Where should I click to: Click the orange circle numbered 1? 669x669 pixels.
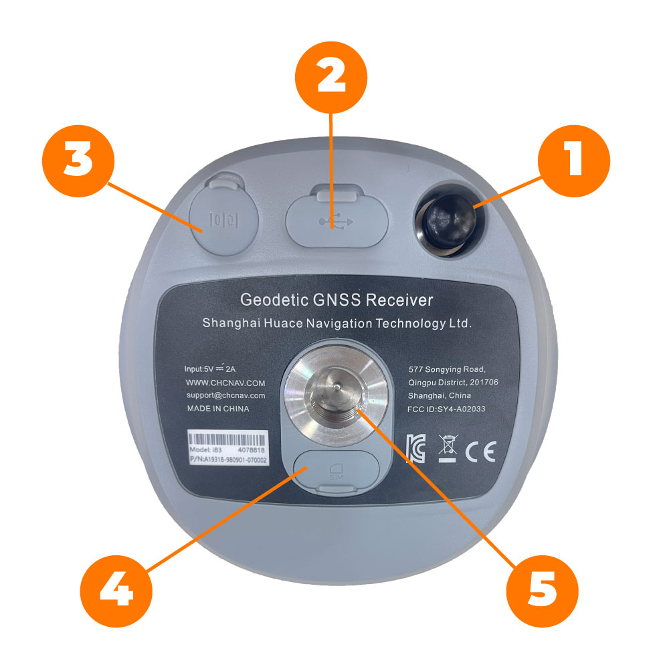(573, 161)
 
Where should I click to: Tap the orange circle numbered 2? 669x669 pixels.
(331, 77)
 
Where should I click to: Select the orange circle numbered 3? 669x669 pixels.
(78, 161)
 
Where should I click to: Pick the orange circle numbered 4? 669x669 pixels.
(116, 591)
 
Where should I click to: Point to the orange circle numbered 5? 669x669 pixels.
(542, 591)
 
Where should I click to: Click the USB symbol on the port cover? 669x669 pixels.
(337, 221)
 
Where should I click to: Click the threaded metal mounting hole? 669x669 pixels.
(337, 397)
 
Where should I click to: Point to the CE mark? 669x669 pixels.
(480, 452)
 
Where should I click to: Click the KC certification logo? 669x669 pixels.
(415, 449)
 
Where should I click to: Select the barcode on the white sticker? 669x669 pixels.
(228, 440)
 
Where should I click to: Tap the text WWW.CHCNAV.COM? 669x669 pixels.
(225, 383)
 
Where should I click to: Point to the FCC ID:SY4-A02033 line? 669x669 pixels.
(446, 409)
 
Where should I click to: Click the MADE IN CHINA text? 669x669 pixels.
(218, 408)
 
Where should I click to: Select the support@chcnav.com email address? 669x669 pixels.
(225, 395)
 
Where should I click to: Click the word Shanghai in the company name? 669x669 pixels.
(231, 323)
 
